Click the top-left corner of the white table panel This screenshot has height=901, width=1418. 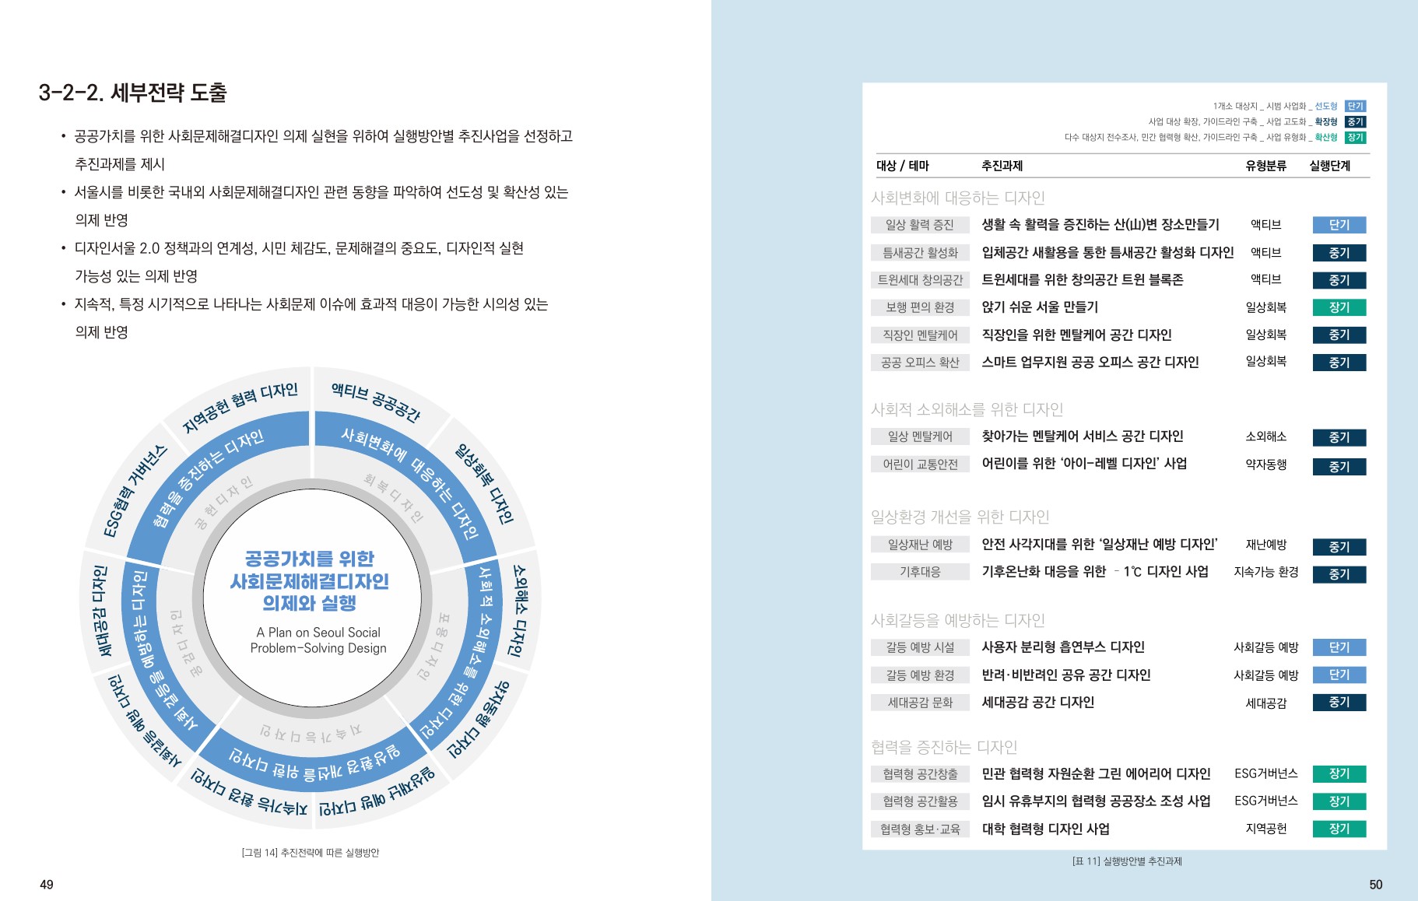[x=863, y=83]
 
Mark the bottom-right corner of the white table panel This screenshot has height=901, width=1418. [x=1387, y=849]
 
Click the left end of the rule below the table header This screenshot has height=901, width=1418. [x=876, y=178]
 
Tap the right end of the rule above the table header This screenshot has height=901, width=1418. [x=1370, y=154]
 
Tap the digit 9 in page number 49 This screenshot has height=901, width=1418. [x=50, y=885]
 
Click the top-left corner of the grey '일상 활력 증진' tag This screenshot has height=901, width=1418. [x=871, y=217]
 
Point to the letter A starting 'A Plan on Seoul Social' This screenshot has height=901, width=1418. [x=261, y=633]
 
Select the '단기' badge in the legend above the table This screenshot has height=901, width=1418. [x=1356, y=106]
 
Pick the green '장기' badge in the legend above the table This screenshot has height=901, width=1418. [x=1356, y=137]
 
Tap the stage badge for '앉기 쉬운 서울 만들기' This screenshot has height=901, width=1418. [x=1339, y=307]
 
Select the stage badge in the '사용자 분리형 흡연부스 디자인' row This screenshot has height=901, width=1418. [x=1339, y=647]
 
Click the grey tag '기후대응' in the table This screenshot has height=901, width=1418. [x=920, y=572]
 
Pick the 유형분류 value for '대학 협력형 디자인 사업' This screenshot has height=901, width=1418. [x=1266, y=829]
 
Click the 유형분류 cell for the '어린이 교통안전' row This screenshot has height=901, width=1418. [x=1266, y=465]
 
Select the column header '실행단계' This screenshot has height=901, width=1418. [x=1329, y=166]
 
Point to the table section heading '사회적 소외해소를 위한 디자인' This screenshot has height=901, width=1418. [x=967, y=409]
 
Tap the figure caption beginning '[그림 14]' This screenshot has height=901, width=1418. [x=311, y=853]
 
